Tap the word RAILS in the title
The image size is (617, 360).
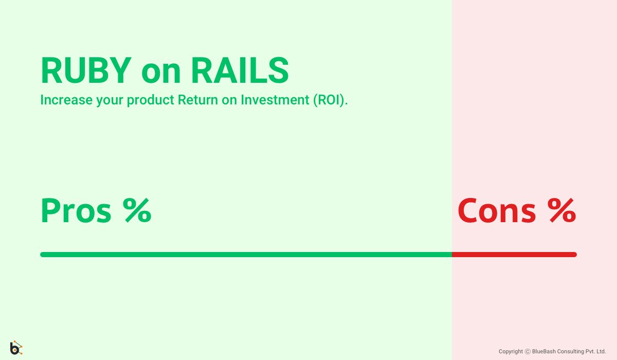click(240, 70)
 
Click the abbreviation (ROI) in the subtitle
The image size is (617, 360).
click(330, 100)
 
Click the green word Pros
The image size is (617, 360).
click(76, 211)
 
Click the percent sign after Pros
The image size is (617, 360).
click(137, 211)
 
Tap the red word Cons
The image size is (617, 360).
click(497, 211)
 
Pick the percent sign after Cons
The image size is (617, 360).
click(561, 211)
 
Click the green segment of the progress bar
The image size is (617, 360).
click(246, 255)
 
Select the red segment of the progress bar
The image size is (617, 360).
click(514, 255)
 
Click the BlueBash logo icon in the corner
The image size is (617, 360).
click(16, 348)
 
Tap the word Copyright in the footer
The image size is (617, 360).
click(511, 352)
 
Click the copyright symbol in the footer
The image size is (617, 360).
click(528, 352)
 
